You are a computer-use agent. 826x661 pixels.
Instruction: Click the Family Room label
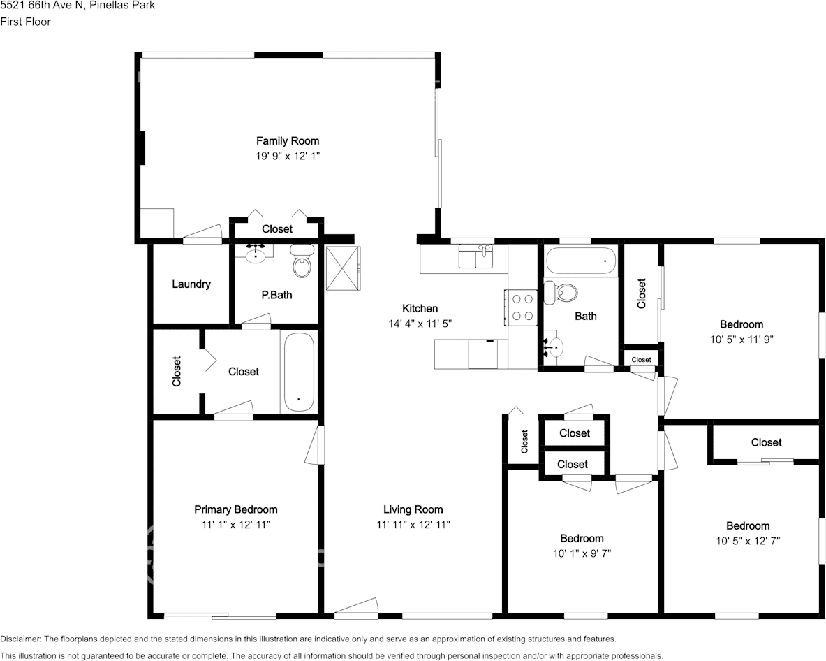(x=288, y=140)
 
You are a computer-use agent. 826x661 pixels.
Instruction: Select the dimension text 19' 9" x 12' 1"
(x=288, y=156)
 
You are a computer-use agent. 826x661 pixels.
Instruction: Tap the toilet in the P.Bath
(x=302, y=261)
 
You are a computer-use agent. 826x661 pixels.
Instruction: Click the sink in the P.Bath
(x=256, y=254)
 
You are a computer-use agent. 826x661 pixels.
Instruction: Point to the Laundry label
(x=191, y=284)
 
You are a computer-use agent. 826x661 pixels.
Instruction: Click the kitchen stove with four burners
(x=521, y=307)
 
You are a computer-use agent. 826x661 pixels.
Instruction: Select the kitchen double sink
(x=475, y=256)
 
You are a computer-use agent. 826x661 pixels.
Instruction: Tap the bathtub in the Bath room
(x=580, y=261)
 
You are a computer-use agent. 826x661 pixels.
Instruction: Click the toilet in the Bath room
(x=560, y=292)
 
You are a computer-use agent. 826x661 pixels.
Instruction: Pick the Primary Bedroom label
(x=236, y=509)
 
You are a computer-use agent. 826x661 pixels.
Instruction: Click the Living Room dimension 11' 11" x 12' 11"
(x=413, y=525)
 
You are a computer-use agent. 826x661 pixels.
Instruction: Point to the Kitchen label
(x=420, y=308)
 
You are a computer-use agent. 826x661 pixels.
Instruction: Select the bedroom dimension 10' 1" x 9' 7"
(x=582, y=553)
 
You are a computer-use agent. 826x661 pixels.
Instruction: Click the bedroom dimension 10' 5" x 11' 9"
(x=742, y=340)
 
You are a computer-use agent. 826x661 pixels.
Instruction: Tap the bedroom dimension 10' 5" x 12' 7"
(x=748, y=541)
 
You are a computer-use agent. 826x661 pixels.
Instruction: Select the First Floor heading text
(x=25, y=22)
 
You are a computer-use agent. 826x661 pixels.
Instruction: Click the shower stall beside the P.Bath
(x=344, y=268)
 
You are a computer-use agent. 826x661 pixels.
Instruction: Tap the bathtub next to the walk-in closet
(x=299, y=372)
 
